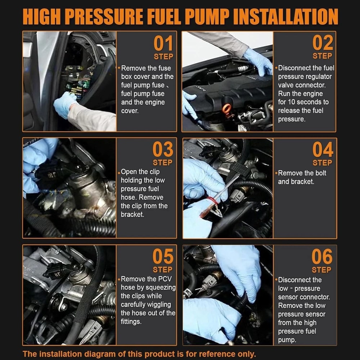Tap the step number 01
(163, 44)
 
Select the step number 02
(323, 43)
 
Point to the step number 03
(163, 149)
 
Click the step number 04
(323, 149)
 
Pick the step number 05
(163, 256)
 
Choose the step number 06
(322, 256)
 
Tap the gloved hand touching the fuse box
(64, 104)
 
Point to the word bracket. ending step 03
(132, 215)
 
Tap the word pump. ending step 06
(287, 340)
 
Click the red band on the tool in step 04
(212, 201)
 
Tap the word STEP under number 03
(163, 163)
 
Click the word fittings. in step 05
(131, 321)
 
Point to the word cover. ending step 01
(130, 111)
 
